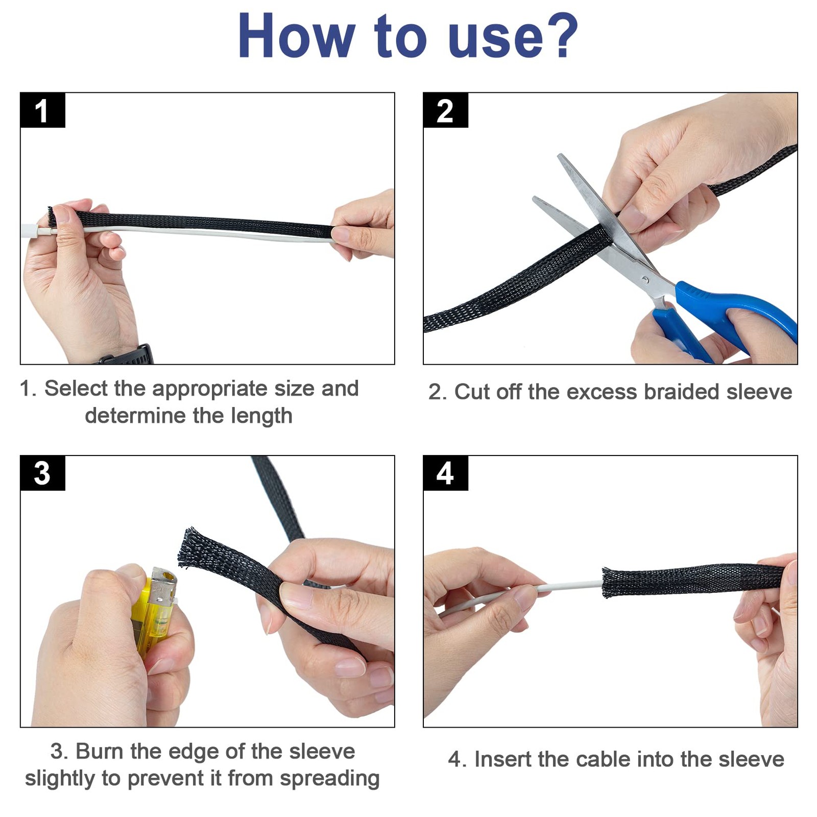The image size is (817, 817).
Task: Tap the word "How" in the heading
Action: tap(296, 35)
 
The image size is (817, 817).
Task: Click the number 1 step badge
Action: tap(43, 110)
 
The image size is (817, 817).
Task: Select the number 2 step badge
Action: tap(446, 110)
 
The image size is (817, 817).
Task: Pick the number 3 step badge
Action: tap(43, 473)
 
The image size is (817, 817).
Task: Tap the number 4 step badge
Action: tap(446, 473)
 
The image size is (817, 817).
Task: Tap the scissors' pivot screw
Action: tap(645, 280)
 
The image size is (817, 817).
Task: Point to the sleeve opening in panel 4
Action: tap(607, 582)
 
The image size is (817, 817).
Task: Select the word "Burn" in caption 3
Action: tap(100, 751)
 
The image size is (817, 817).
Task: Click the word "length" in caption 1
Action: tap(261, 416)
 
